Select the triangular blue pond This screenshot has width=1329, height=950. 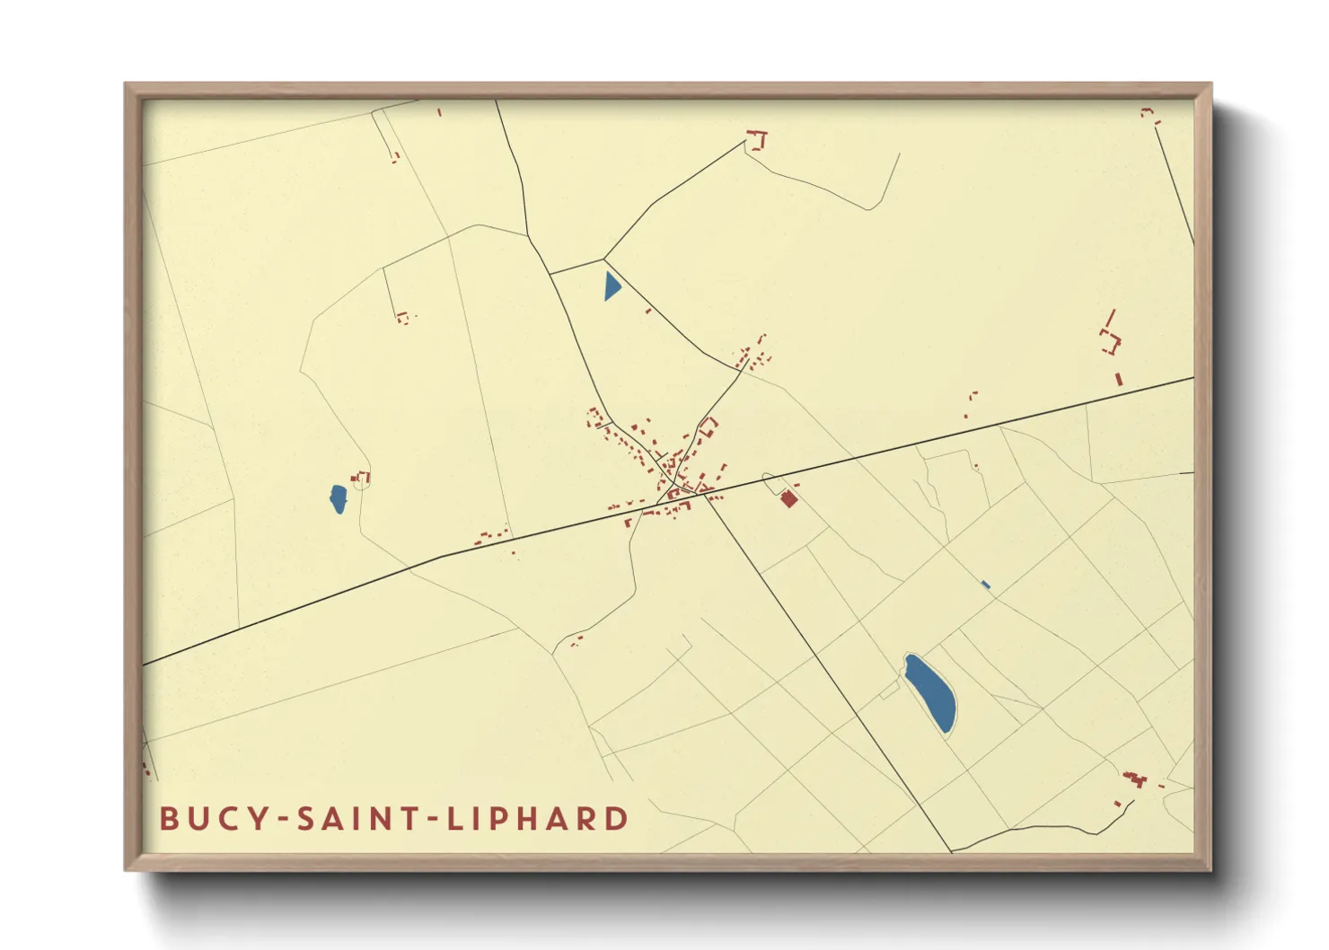tap(612, 286)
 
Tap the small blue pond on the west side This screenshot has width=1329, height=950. tap(338, 499)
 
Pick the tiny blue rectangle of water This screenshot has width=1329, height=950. tap(986, 585)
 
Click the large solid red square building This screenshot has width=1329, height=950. tap(788, 498)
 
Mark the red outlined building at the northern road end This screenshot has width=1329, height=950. tap(758, 140)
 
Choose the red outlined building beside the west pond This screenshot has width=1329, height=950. tap(363, 478)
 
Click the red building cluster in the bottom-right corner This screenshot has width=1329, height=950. tap(1134, 779)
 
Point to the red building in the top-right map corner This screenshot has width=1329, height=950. tap(1148, 113)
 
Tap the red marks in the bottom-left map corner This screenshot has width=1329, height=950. tap(146, 769)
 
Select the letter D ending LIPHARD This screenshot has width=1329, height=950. tap(617, 819)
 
